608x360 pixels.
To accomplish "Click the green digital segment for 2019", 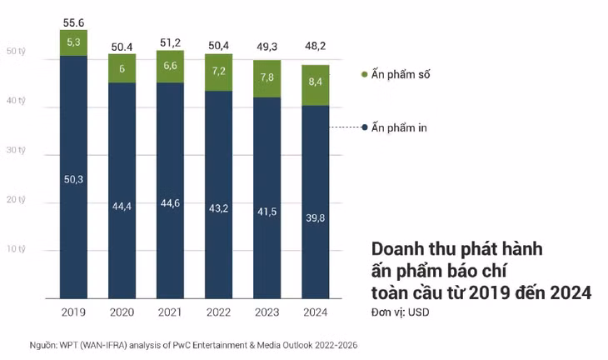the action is pos(73,43).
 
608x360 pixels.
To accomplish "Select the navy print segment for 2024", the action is pos(316,202).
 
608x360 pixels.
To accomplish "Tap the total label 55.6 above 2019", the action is pos(73,22).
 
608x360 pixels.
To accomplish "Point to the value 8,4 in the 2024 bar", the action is pos(316,82).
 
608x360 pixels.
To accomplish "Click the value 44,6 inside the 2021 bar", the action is pos(170,202).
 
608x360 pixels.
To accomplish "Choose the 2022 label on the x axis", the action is pos(218,312).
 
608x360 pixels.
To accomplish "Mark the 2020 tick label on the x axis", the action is pos(122,312).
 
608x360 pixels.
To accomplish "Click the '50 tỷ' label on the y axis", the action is pos(16,51).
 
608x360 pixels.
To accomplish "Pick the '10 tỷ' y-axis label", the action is pos(16,248).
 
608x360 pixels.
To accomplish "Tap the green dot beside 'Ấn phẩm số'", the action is pos(364,74).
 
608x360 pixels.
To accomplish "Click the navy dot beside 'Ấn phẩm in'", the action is pos(364,127).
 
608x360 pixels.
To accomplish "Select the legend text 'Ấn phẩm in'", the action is pos(399,127).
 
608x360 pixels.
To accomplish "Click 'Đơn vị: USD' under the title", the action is pos(400,312).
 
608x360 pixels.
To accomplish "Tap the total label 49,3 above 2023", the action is pos(267,47).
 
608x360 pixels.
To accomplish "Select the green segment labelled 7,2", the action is pos(218,72).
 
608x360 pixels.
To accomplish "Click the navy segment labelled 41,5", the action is pos(267,197).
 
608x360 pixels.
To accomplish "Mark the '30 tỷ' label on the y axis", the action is pos(16,150).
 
